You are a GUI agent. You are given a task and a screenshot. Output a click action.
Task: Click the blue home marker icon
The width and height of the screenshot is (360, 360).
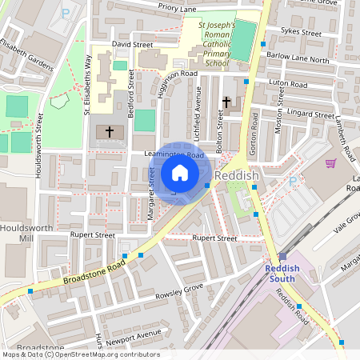click(x=180, y=173)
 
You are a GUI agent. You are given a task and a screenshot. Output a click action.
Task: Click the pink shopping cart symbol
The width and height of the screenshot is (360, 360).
click(x=330, y=163)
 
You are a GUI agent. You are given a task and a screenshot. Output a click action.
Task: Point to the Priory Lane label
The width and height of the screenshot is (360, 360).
click(x=177, y=8)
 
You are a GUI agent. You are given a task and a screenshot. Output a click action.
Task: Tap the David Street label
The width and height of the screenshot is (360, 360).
click(x=132, y=45)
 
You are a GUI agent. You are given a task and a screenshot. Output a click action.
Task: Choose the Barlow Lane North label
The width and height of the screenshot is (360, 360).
click(x=298, y=59)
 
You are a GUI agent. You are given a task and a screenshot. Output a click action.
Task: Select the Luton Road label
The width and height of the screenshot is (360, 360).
click(x=288, y=84)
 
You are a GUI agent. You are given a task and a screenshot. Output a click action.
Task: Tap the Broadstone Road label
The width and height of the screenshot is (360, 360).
click(x=94, y=272)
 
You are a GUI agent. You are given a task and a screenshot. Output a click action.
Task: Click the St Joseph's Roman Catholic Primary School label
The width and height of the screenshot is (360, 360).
click(x=216, y=44)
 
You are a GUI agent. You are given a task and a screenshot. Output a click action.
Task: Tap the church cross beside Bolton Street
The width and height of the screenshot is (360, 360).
click(x=226, y=102)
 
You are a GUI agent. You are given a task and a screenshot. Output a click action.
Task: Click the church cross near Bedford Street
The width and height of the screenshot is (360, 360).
click(x=110, y=130)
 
